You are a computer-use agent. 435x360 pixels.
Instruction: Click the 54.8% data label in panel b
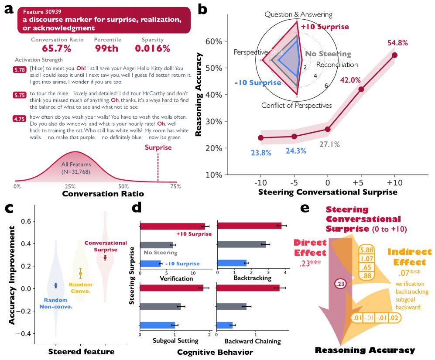pyautogui.click(x=397, y=43)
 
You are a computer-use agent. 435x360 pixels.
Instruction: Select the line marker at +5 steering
pyautogui.click(x=361, y=89)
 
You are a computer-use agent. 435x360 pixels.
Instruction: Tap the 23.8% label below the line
pyautogui.click(x=260, y=153)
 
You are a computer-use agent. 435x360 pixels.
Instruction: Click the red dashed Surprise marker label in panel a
pyautogui.click(x=158, y=147)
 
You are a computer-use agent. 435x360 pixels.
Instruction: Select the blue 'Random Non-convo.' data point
pyautogui.click(x=55, y=285)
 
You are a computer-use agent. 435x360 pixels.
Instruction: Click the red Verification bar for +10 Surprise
pyautogui.click(x=172, y=226)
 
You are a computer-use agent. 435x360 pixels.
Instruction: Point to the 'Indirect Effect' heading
pyautogui.click(x=409, y=257)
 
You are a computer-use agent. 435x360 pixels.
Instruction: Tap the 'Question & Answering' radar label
pyautogui.click(x=298, y=14)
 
